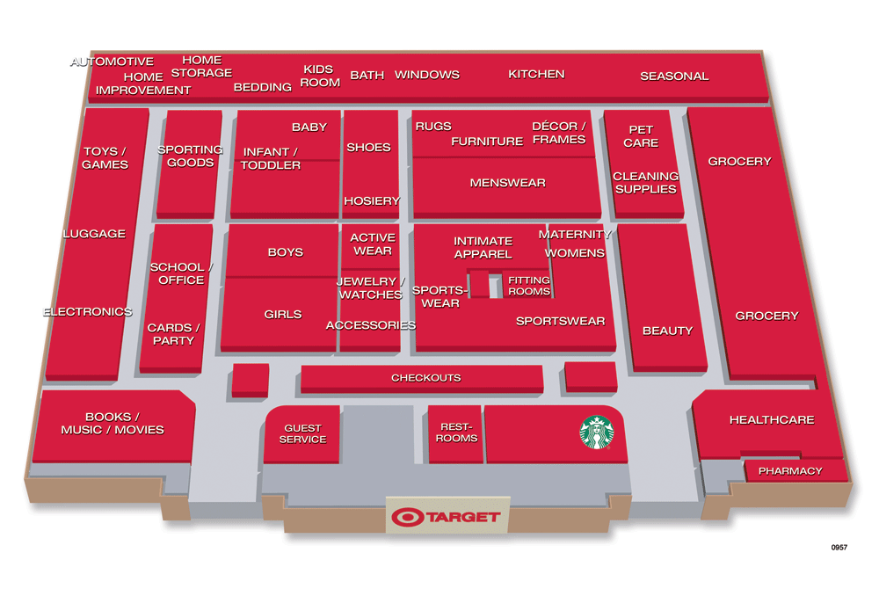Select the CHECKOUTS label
pos(425,378)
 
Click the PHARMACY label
pos(789,471)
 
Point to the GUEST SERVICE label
pos(302,434)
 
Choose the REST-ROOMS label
pos(456,433)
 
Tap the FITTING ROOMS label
pos(528,286)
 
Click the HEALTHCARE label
pos(771,420)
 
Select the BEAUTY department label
pos(667,331)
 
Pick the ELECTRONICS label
pos(87,312)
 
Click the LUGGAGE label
pos(94,234)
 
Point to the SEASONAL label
pos(673,76)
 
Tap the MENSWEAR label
pos(507,183)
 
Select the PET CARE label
pos(641,136)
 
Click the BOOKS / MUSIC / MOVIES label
pos(112,423)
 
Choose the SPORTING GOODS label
pos(190,156)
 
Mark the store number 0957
pos(839,548)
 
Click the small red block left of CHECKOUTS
pos(251,379)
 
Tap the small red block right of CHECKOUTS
pos(590,375)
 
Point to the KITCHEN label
pos(536,74)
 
